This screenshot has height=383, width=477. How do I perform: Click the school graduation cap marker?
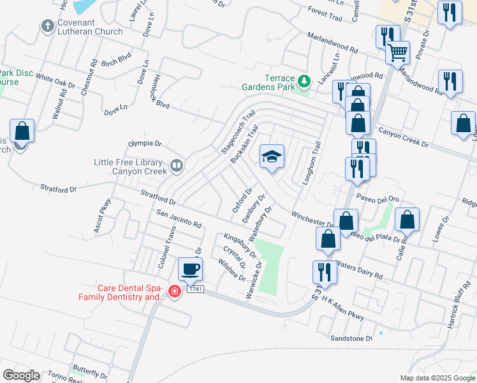pyautogui.click(x=272, y=157)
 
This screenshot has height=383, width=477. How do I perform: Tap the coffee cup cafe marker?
pyautogui.click(x=190, y=269)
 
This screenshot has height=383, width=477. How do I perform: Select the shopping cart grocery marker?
pyautogui.click(x=398, y=51)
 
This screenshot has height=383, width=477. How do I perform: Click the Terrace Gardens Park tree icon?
pyautogui.click(x=305, y=81)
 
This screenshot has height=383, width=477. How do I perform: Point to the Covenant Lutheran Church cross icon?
pyautogui.click(x=47, y=26)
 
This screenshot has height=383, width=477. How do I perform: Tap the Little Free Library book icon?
pyautogui.click(x=177, y=167)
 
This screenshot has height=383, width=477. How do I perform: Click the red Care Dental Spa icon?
pyautogui.click(x=173, y=291)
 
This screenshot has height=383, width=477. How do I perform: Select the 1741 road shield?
pyautogui.click(x=196, y=290)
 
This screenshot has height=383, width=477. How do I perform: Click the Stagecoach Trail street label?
pyautogui.click(x=238, y=131)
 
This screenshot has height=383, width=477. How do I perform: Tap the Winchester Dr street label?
pyautogui.click(x=314, y=218)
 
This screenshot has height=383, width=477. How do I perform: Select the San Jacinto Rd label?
pyautogui.click(x=179, y=220)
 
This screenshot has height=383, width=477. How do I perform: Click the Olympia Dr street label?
pyautogui.click(x=145, y=144)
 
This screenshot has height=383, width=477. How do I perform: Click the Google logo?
pyautogui.click(x=21, y=375)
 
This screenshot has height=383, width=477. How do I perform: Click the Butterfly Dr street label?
pyautogui.click(x=89, y=369)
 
